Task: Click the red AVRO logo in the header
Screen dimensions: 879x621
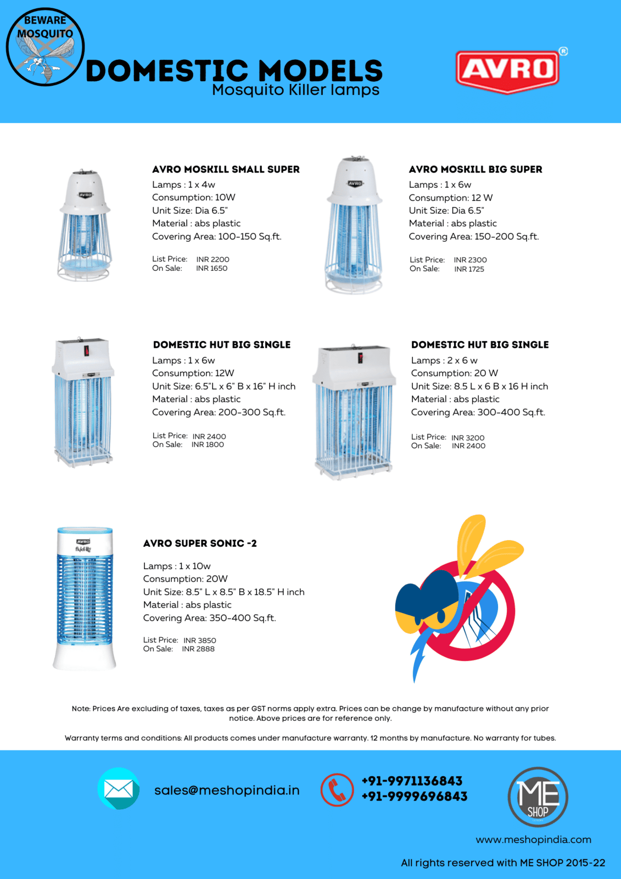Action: [507, 70]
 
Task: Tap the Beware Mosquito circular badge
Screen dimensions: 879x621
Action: [45, 47]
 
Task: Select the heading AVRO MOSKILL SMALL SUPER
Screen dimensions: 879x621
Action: [226, 169]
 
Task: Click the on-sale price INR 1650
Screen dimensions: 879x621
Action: [211, 269]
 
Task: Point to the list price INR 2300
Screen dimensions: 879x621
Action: [470, 260]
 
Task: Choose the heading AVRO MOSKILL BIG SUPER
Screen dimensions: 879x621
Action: [475, 169]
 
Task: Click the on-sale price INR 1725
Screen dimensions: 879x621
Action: [469, 269]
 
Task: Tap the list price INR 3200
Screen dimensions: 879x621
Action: [468, 438]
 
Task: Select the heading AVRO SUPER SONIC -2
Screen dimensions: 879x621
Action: [200, 543]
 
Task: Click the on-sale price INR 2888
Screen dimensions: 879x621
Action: [198, 649]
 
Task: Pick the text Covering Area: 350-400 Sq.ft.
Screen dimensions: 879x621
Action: [209, 618]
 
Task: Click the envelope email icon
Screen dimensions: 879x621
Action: [119, 789]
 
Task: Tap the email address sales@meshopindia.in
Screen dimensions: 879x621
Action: [227, 791]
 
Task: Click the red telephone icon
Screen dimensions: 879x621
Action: [337, 790]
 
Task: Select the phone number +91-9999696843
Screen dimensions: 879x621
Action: [414, 797]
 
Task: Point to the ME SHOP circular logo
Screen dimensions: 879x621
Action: [538, 797]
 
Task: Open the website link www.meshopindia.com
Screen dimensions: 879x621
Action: [533, 839]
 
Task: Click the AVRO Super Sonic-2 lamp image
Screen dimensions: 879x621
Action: [85, 598]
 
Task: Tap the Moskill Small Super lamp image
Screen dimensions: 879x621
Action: [85, 225]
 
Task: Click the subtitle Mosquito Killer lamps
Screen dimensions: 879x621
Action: [295, 90]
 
